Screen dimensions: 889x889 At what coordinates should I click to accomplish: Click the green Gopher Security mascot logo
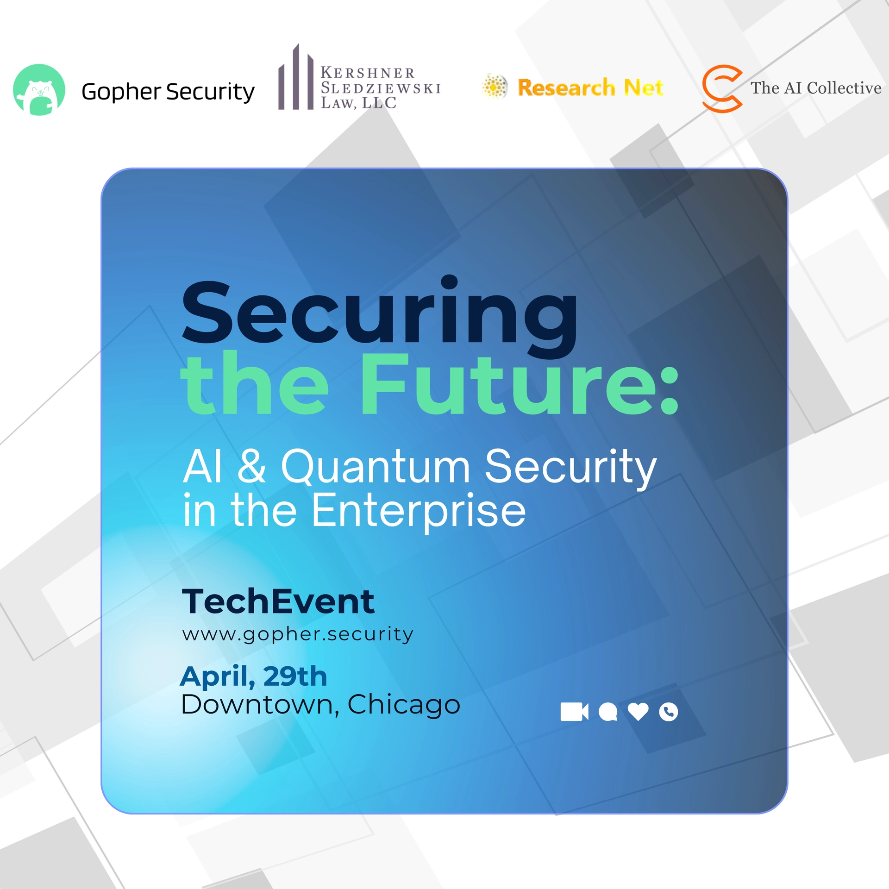click(39, 90)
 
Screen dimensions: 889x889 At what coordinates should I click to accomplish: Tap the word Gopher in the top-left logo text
click(121, 92)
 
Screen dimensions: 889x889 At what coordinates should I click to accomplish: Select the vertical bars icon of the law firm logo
click(296, 79)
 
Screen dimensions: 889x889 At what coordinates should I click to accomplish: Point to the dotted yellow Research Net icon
click(495, 87)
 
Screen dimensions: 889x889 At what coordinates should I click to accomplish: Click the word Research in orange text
click(566, 88)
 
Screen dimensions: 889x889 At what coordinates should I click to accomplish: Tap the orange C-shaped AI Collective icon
click(721, 88)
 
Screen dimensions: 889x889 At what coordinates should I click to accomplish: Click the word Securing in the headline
click(380, 315)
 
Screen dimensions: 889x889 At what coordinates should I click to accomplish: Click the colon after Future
click(669, 391)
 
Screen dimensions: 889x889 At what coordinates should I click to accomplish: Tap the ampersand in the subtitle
click(252, 467)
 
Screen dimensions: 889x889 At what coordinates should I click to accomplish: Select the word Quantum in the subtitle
click(375, 468)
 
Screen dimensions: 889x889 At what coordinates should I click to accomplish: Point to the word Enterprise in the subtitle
click(419, 511)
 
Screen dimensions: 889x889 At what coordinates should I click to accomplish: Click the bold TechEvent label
click(278, 601)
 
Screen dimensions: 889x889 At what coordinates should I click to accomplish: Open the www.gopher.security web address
click(297, 634)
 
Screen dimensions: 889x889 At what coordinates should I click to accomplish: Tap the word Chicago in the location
click(404, 705)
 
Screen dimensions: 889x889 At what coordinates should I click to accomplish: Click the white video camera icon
click(574, 712)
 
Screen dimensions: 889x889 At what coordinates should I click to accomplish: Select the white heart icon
click(638, 712)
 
